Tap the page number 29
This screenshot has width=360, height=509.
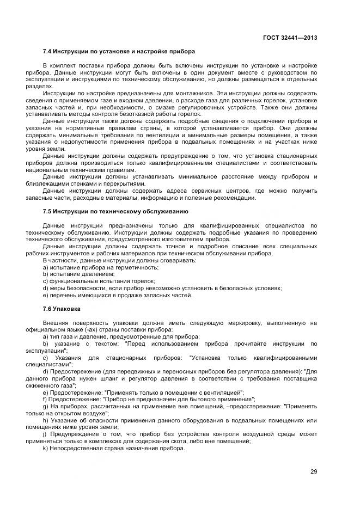pyautogui.click(x=314, y=471)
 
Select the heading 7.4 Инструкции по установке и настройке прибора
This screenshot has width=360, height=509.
pyautogui.click(x=118, y=52)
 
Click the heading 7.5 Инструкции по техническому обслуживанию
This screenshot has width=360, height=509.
pyautogui.click(x=115, y=211)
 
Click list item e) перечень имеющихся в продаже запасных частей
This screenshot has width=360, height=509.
pyautogui.click(x=117, y=295)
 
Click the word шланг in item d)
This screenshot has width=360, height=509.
pyautogui.click(x=105, y=378)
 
